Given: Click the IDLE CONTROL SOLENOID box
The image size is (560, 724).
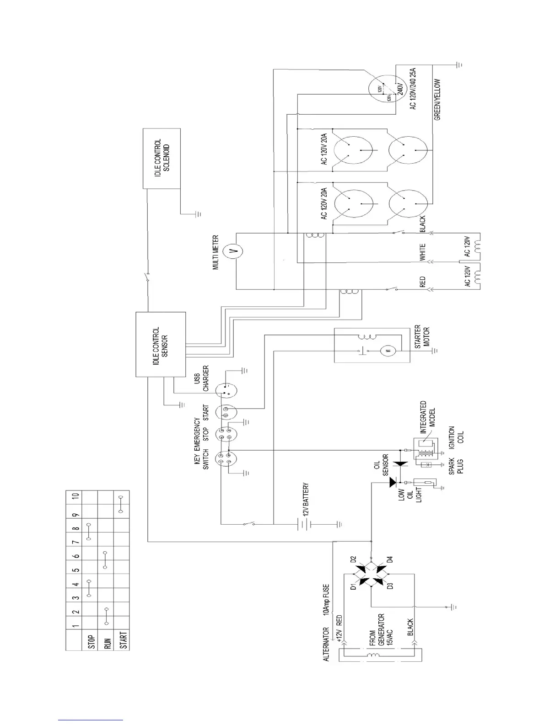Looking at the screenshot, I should tap(162, 158).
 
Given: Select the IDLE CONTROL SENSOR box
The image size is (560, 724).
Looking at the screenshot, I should tap(161, 344).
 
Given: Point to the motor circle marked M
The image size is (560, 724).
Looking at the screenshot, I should tap(387, 351).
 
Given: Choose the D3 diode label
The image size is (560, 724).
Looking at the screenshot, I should tap(390, 586).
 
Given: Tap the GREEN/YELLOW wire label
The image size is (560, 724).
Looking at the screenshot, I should tap(437, 99).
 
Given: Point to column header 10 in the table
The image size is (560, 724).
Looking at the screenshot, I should tap(76, 495).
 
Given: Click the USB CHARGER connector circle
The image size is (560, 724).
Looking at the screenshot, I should tap(226, 390).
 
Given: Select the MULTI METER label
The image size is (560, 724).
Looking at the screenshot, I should tap(216, 252).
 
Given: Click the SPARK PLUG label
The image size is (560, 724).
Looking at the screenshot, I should tap(456, 466).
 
